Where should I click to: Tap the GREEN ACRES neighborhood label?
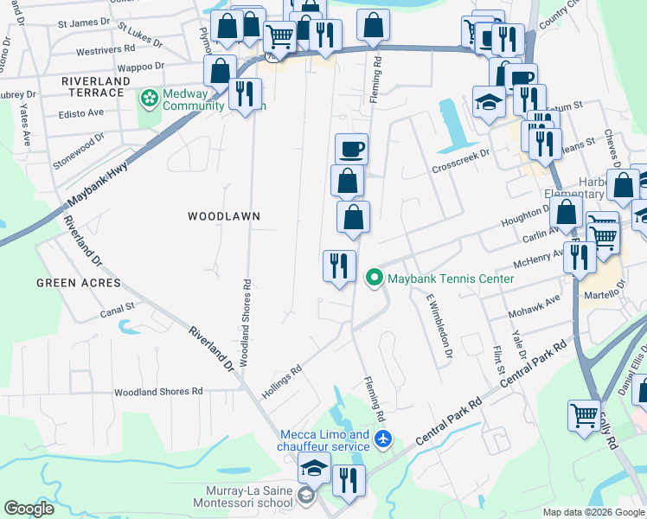tap(72, 283)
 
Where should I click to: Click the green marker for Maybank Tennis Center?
tap(375, 279)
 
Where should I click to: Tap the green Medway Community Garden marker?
tap(149, 98)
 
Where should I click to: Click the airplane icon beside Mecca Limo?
tap(384, 440)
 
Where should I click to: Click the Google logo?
tap(29, 509)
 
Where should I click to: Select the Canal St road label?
tap(118, 306)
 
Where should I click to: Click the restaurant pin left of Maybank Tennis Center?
tap(339, 266)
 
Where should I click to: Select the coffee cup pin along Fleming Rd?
tap(350, 149)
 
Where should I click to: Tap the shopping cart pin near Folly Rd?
tap(585, 415)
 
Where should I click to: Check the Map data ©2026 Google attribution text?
tap(593, 512)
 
